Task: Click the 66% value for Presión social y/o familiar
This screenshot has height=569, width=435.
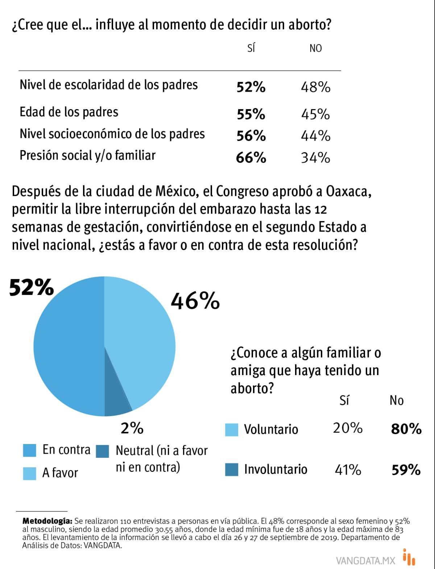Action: click(x=251, y=158)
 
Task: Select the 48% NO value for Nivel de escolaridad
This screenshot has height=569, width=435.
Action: click(x=315, y=87)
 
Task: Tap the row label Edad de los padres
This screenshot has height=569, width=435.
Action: click(x=69, y=112)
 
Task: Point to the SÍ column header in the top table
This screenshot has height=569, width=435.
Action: click(x=251, y=48)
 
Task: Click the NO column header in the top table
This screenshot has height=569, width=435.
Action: click(x=315, y=48)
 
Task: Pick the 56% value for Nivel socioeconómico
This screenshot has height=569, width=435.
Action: click(x=251, y=136)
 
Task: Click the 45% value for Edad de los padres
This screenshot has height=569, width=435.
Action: click(x=315, y=114)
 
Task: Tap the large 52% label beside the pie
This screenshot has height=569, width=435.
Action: click(x=32, y=287)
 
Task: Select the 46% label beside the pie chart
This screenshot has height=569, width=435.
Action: click(x=195, y=301)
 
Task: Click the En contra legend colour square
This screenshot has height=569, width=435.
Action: click(x=29, y=450)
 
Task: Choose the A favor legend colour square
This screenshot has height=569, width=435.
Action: click(x=29, y=473)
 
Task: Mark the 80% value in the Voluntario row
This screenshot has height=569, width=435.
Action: click(x=406, y=429)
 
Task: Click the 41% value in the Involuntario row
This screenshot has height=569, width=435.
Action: click(x=348, y=470)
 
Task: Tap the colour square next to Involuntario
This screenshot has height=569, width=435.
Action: click(x=232, y=469)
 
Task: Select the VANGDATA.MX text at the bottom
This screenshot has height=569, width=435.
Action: click(x=365, y=561)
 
